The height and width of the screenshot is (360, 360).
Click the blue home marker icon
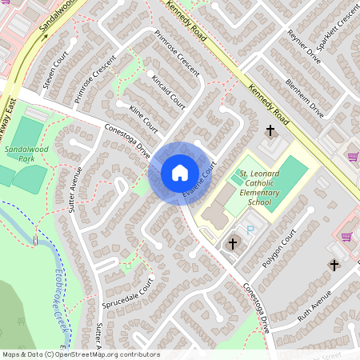[x=179, y=173]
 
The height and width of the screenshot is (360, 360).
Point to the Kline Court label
[x=142, y=118]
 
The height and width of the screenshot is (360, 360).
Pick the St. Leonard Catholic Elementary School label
[x=261, y=188]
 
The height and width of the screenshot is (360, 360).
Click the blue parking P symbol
[x=250, y=230]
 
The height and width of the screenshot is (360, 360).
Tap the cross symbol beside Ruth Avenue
[x=334, y=265]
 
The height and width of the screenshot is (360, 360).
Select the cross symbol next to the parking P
[x=233, y=242]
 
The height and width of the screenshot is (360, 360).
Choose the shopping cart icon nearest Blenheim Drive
[x=353, y=157]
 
